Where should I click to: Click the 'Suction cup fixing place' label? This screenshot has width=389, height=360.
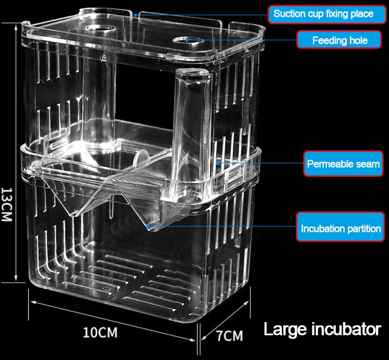(x=323, y=14)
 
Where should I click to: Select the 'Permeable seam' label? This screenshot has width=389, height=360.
(x=342, y=164)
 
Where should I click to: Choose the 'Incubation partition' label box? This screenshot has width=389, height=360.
(x=340, y=228)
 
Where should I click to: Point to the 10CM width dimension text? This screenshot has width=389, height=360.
(x=100, y=332)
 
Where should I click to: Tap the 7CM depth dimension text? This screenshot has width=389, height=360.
(x=229, y=336)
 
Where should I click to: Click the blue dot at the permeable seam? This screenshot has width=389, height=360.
(x=218, y=162)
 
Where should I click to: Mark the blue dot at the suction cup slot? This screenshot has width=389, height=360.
(x=136, y=14)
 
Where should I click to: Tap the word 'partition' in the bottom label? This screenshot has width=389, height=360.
(x=360, y=228)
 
